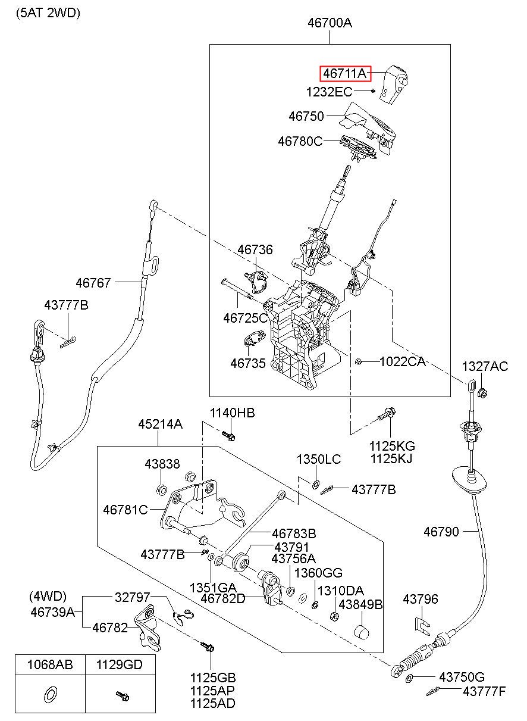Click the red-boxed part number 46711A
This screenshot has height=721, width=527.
click(344, 74)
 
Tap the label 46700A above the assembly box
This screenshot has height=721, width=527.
click(330, 23)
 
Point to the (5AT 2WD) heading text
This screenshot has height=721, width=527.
click(48, 13)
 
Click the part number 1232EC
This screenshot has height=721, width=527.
click(329, 92)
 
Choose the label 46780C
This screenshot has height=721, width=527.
click(300, 141)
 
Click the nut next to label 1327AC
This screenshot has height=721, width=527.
click(482, 393)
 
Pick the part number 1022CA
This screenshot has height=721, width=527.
click(402, 362)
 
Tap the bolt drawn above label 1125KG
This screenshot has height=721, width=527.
click(387, 414)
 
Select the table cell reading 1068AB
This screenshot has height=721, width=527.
click(50, 664)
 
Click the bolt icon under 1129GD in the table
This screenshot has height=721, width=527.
click(123, 696)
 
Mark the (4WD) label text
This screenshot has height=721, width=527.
click(48, 597)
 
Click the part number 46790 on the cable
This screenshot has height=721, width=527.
click(441, 532)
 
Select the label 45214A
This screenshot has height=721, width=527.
click(161, 425)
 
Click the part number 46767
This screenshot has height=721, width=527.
click(93, 283)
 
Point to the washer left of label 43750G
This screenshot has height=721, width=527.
click(410, 679)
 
